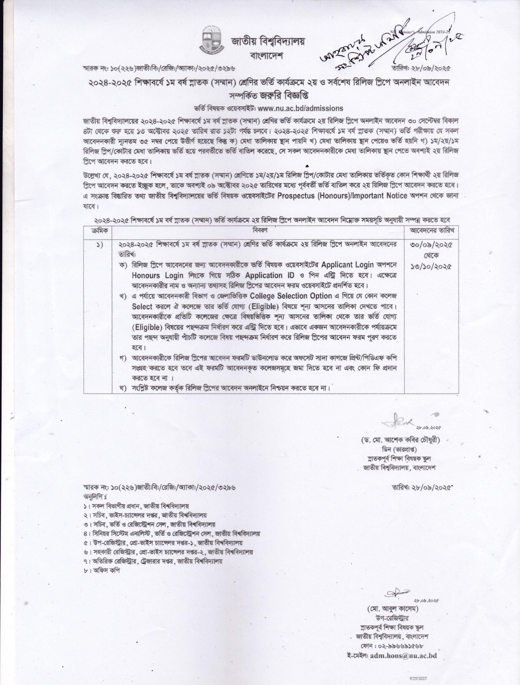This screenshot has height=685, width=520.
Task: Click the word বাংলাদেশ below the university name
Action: pyautogui.click(x=267, y=56)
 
